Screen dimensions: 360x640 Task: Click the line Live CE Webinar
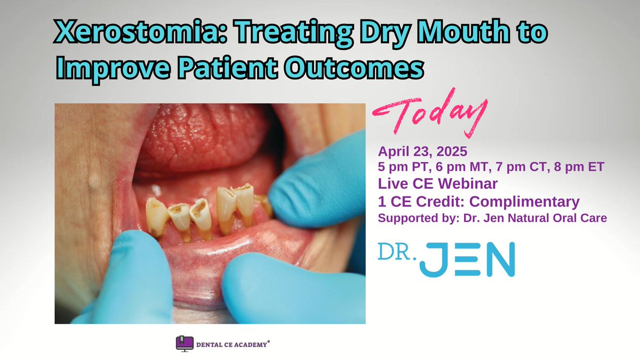[438, 184]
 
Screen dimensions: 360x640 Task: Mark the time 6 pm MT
[462, 167]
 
